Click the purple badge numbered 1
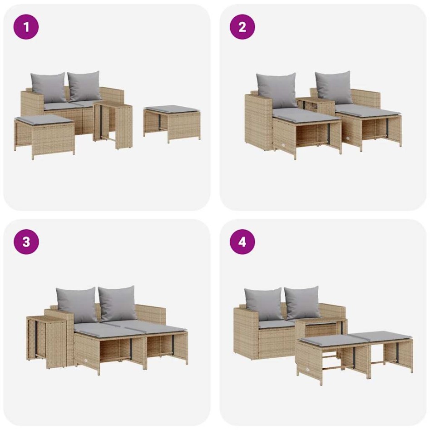point(26,26)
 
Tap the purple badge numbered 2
point(242,26)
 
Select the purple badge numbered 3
point(26,242)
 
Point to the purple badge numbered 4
point(242,242)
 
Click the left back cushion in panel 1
point(49,87)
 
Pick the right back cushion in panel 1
point(84,86)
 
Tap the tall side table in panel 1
point(114,124)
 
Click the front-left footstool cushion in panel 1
point(43,119)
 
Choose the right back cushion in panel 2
point(334,86)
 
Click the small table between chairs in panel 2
point(316,104)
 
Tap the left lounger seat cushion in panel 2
point(306,115)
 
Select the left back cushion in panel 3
point(77,304)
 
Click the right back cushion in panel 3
point(118,303)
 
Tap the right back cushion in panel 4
point(302,302)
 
